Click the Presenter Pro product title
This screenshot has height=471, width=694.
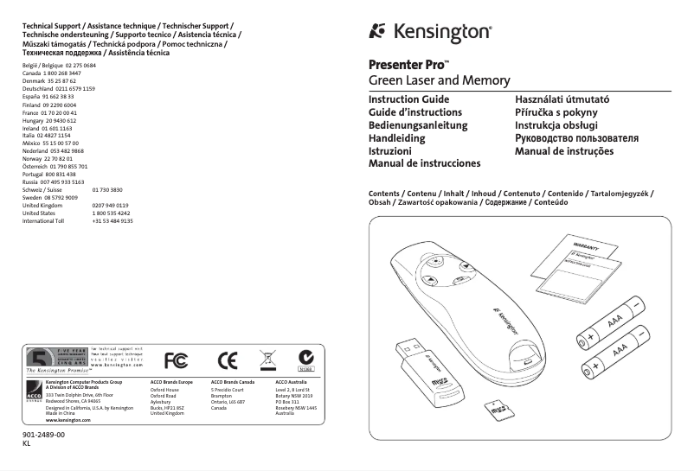tap(408, 65)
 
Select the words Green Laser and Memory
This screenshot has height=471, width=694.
tap(427, 81)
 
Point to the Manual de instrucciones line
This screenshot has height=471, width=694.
tap(424, 163)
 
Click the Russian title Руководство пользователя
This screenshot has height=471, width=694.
tap(576, 138)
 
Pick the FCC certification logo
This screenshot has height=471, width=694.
tap(176, 359)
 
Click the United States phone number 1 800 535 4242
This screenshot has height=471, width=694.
tap(111, 213)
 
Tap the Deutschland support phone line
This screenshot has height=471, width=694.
tap(58, 89)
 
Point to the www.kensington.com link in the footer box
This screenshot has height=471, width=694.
tap(67, 419)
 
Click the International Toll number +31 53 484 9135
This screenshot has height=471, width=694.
tap(112, 221)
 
